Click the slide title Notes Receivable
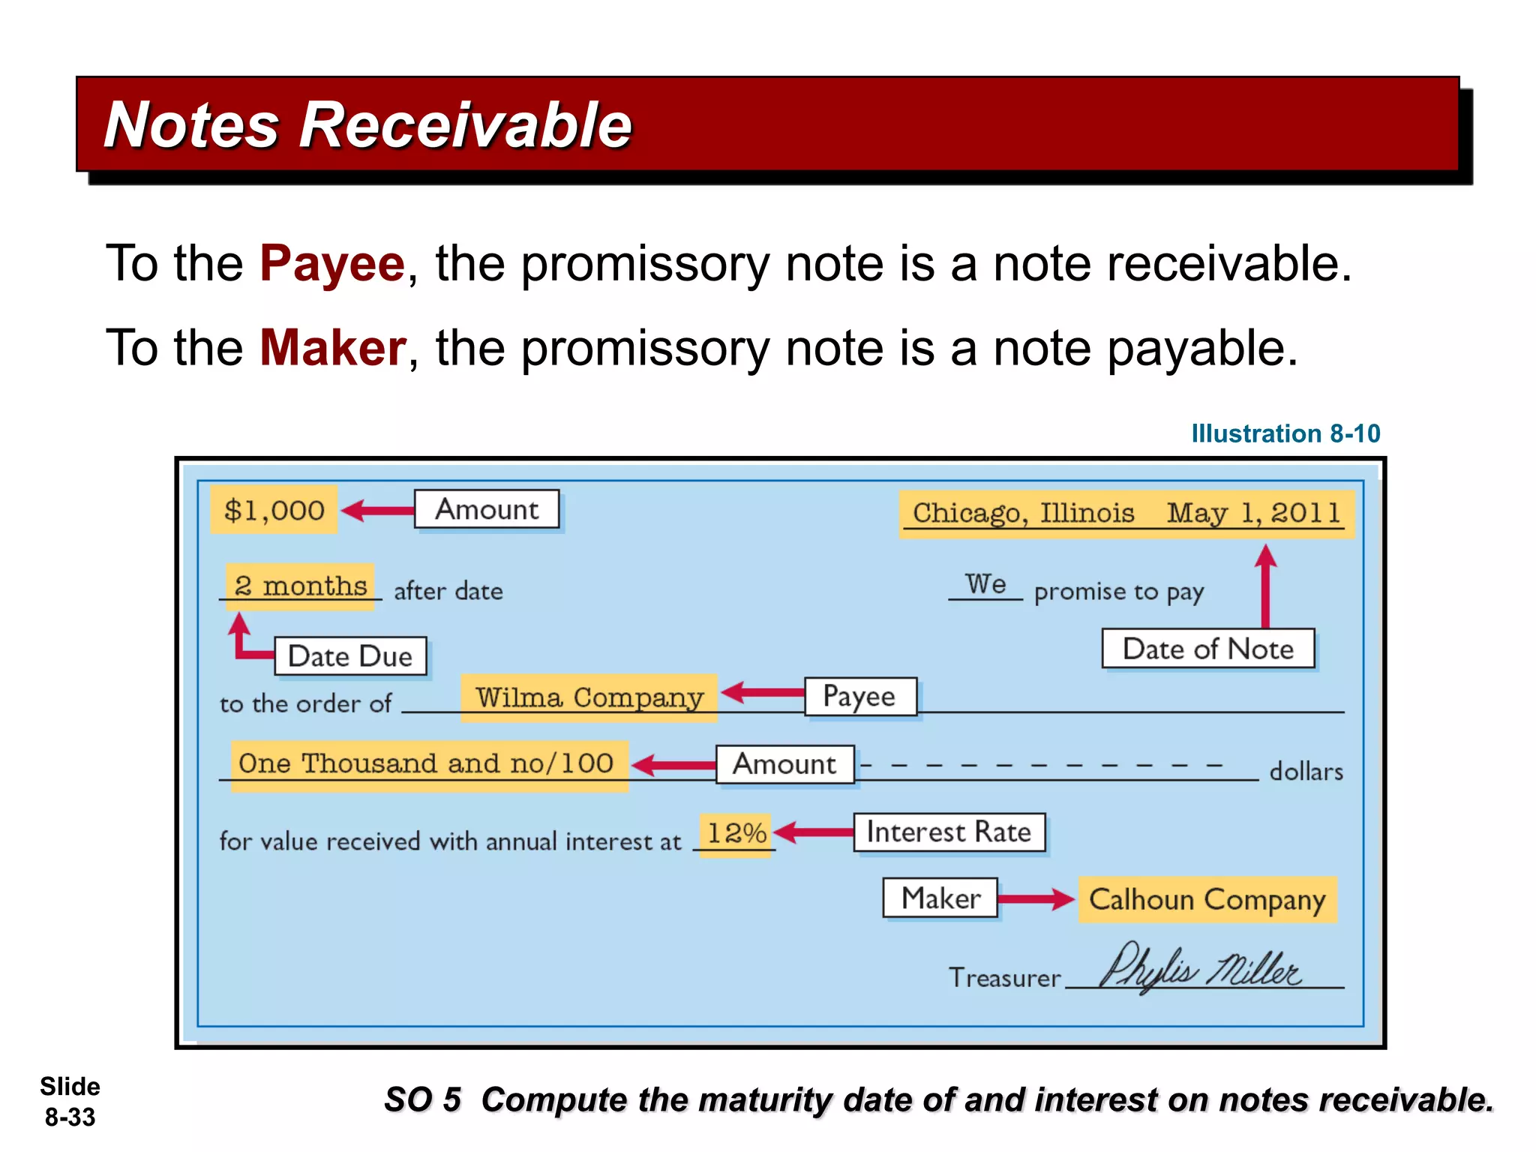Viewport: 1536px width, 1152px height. [x=367, y=125]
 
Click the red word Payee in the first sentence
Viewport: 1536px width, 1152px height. [x=331, y=264]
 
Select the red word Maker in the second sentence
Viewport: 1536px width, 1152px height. [x=332, y=349]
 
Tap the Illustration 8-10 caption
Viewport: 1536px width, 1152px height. [x=1285, y=433]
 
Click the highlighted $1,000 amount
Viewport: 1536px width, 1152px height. [x=274, y=511]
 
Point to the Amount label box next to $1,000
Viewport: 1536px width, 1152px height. [x=487, y=510]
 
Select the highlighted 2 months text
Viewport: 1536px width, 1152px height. [x=300, y=586]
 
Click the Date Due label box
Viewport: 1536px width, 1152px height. [x=350, y=656]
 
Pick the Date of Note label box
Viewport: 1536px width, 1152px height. [x=1207, y=649]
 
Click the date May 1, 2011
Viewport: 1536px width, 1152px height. [x=1253, y=513]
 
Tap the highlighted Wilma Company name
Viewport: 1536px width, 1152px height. [x=589, y=697]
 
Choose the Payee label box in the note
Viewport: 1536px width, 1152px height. [x=859, y=697]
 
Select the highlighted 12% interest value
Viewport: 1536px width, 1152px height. [x=736, y=833]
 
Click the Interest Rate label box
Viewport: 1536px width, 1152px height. [x=949, y=832]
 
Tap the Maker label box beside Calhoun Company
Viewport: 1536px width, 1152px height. [x=940, y=898]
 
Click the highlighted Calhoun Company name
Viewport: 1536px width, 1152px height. [x=1207, y=899]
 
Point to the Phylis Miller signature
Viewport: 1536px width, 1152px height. [x=1200, y=969]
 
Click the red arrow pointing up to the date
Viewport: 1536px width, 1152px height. [x=1265, y=585]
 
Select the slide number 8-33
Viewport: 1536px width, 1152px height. [x=70, y=1117]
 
